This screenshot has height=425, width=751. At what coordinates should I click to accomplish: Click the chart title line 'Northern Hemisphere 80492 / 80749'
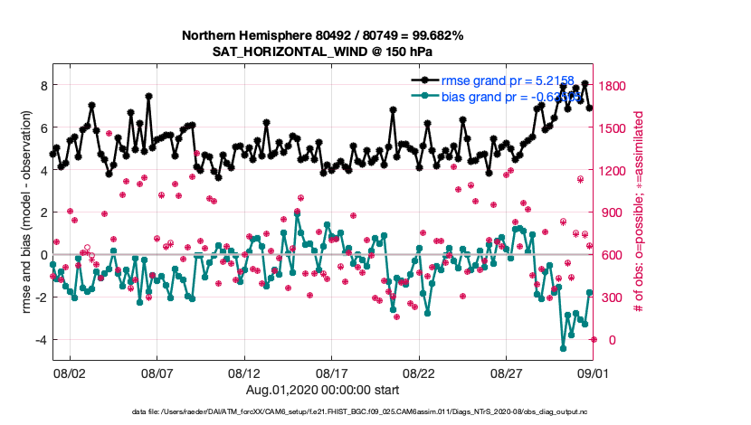(x=323, y=36)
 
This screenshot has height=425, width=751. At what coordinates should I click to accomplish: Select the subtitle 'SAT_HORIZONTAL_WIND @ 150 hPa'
(x=323, y=52)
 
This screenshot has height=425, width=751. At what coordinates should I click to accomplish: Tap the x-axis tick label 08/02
(x=70, y=372)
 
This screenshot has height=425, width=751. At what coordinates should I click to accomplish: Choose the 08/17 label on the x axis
(x=332, y=372)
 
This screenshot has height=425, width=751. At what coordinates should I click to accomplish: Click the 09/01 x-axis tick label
(x=594, y=372)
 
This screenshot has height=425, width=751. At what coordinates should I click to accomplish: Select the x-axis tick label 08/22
(x=419, y=372)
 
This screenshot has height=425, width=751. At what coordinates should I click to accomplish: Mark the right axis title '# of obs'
(x=638, y=212)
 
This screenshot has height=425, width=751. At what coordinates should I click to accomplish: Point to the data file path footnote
(x=374, y=412)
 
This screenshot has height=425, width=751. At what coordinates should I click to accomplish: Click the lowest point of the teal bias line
(x=563, y=348)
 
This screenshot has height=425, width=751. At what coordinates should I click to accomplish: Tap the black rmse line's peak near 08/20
(x=393, y=109)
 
